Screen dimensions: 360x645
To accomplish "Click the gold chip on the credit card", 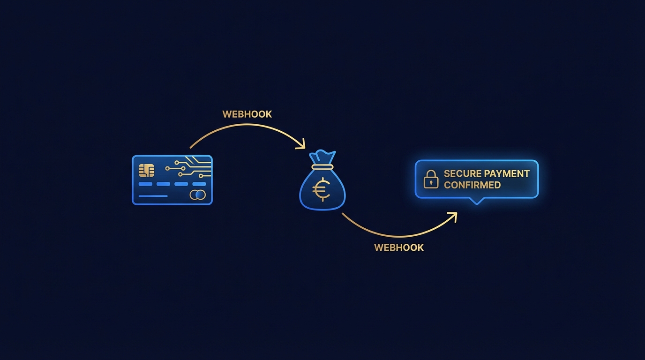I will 146,170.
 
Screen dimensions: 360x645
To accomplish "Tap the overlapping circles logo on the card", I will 197,195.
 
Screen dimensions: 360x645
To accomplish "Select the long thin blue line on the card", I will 153,196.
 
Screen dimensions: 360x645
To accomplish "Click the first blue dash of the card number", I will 145,184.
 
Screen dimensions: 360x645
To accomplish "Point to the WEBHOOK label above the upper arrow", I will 247,114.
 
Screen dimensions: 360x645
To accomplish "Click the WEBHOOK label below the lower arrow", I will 399,247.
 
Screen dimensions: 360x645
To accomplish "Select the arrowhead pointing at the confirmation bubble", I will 452,216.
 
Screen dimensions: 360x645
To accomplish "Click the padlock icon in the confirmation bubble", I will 431,180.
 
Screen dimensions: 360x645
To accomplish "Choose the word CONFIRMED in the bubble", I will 472,185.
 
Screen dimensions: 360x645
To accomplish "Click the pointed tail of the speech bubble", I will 477,202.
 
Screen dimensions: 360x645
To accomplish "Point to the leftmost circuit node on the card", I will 167,167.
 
